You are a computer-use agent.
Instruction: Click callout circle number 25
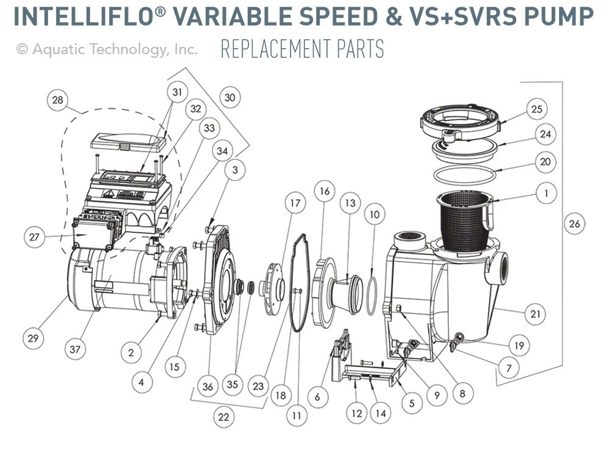pos(537,110)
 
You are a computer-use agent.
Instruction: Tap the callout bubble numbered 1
pos(546,194)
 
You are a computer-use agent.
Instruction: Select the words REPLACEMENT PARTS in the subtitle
pos(302,49)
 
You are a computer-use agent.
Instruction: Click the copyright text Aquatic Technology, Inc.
pos(107,49)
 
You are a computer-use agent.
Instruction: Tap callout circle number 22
pos(225,417)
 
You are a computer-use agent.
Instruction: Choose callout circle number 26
pos(575,224)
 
